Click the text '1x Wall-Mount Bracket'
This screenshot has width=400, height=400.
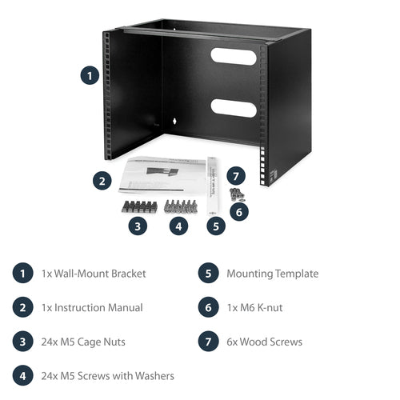94,274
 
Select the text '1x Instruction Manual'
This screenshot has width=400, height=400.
92,307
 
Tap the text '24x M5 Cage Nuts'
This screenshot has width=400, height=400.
83,342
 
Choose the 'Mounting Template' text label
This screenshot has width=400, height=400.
272,274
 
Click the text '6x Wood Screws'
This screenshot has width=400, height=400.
264,342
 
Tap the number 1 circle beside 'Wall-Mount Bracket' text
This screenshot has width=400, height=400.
22,274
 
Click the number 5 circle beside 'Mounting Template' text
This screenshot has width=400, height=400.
208,274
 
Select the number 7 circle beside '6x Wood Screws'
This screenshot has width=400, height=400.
208,342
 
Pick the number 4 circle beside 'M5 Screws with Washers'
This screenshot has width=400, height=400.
22,376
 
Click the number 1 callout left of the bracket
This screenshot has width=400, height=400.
90,77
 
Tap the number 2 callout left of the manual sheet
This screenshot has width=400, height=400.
102,181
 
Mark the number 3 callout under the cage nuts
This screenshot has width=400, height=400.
138,226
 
